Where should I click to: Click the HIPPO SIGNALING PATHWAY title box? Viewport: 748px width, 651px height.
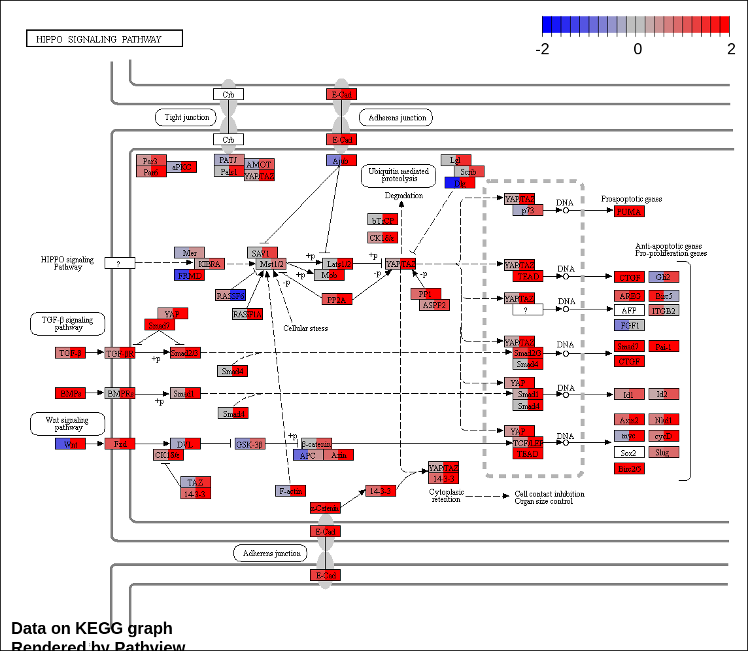(x=104, y=39)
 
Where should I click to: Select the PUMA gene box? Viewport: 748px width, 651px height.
(x=629, y=211)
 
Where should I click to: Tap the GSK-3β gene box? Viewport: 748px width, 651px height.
(x=250, y=444)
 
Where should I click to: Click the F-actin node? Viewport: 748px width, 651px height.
(x=290, y=491)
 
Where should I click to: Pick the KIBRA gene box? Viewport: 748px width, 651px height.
(x=209, y=264)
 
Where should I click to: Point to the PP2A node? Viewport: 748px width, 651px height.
(x=337, y=299)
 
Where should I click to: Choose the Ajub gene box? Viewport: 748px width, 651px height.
(x=341, y=160)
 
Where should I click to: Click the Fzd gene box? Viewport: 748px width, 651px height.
(x=120, y=444)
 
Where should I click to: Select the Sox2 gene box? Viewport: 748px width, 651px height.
(x=629, y=452)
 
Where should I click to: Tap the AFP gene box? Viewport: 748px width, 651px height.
(x=629, y=310)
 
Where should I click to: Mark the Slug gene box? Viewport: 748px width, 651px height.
(x=664, y=452)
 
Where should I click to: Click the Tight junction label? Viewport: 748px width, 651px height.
(x=186, y=117)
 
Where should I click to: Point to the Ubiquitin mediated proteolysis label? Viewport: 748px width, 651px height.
(x=398, y=175)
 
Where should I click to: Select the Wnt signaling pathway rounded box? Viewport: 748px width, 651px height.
(x=68, y=423)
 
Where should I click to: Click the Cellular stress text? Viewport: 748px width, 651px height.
(x=305, y=328)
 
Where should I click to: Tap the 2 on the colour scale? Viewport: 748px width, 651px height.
(x=731, y=50)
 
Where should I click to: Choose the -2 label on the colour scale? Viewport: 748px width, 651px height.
(x=543, y=50)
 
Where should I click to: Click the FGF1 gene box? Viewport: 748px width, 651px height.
(x=629, y=325)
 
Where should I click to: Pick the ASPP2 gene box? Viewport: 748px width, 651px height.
(x=434, y=305)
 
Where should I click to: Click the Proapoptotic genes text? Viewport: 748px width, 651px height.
(x=631, y=199)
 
